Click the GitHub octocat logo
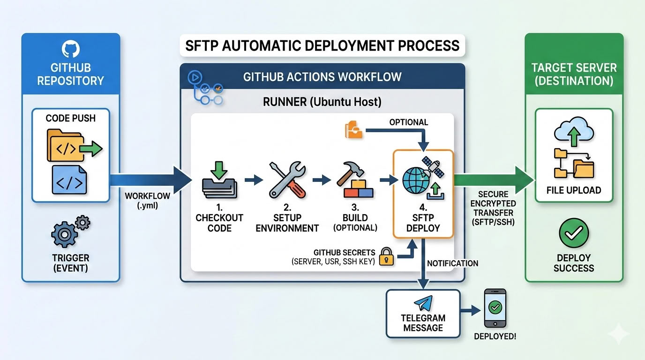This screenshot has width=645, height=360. pos(70,49)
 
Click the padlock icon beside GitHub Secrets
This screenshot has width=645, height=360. pos(386,256)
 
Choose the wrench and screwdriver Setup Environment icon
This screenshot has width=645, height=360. pos(287,180)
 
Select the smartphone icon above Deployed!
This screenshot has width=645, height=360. pos(495,308)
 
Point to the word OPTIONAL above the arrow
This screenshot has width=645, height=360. pos(408,122)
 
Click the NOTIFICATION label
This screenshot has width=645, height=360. pos(452,263)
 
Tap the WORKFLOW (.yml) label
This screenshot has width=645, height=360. pos(147,201)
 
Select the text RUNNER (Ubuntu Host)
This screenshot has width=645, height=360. pos(322,101)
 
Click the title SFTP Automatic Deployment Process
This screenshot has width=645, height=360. pos(322,45)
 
